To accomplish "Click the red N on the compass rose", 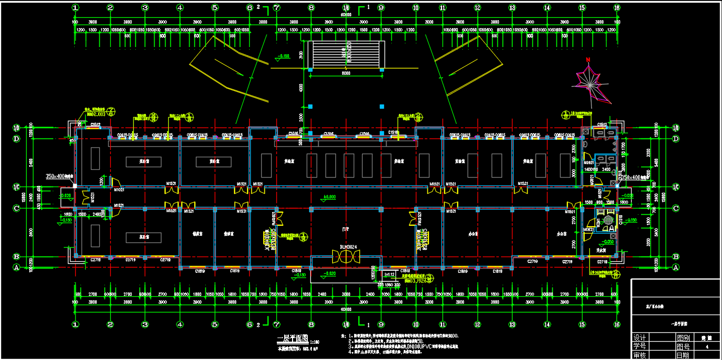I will pos(588,60).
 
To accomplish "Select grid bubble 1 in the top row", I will pos(75,8).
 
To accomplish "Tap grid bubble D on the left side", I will pos(16,138).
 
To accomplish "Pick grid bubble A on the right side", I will pos(676,267).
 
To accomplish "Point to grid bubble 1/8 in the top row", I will pos(346,8).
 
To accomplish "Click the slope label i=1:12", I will pos(389,274).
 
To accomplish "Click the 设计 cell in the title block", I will pos(639,338).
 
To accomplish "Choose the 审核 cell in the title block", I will pos(639,355).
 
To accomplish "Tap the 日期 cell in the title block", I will pos(682,355).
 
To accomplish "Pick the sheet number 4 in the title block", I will pos(707,346).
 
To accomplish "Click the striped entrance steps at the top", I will pos(346,54).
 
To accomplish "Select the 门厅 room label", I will pos(345,229).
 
